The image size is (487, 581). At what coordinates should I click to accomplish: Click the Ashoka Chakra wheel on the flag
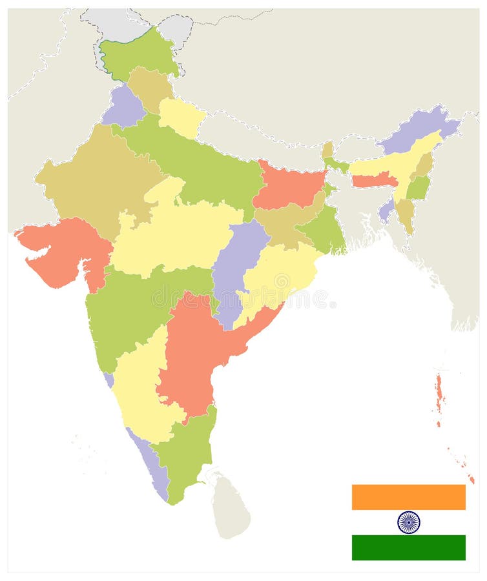point(408,522)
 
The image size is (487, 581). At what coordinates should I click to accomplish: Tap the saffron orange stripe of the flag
point(408,497)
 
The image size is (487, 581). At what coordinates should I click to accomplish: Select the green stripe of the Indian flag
point(408,547)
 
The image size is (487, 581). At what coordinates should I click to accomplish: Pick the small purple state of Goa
point(109,380)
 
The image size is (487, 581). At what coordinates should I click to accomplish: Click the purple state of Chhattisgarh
point(236,265)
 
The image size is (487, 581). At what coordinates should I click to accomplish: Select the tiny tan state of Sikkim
point(327,150)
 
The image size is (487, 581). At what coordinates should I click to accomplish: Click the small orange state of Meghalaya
point(373,179)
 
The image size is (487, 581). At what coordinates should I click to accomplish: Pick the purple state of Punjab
point(123,107)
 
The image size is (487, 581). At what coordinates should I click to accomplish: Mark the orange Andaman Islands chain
point(439,394)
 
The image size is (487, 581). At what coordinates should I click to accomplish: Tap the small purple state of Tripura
point(386,210)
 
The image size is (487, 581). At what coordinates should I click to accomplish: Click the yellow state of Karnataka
point(139,387)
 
